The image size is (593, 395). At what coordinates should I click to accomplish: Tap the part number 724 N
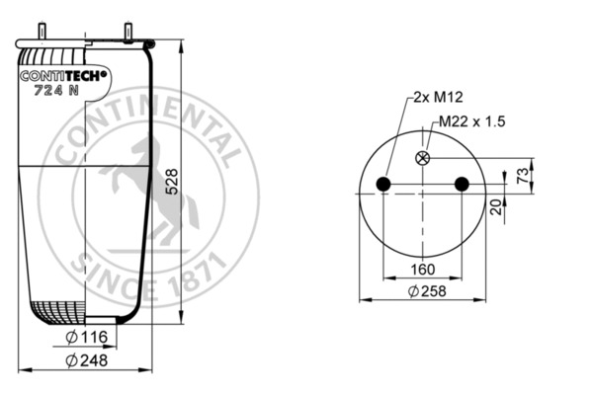click(x=55, y=93)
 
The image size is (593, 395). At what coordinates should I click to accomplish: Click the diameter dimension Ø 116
click(x=88, y=339)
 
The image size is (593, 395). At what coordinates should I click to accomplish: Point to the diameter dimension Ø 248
click(x=88, y=360)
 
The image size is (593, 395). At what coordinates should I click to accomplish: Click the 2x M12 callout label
click(x=432, y=97)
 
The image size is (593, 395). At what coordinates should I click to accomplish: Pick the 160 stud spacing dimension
click(x=423, y=270)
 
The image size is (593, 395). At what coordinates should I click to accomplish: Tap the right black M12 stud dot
click(x=461, y=184)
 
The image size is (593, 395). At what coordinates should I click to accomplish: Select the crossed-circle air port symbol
click(x=424, y=159)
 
